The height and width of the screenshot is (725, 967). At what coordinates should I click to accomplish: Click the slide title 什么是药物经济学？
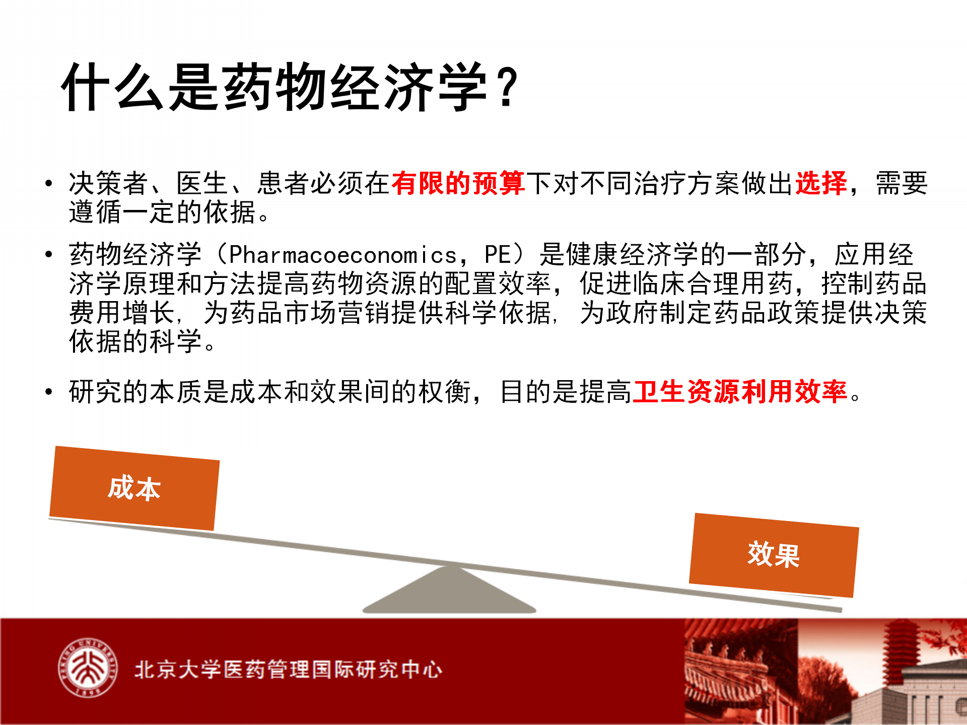[x=290, y=87]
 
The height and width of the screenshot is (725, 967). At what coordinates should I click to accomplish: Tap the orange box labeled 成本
[x=134, y=488]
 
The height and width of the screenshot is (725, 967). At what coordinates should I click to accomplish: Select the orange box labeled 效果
[x=774, y=555]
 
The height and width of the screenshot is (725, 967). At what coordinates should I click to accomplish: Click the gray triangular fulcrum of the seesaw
[x=449, y=589]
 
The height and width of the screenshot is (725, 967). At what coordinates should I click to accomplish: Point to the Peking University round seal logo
[x=88, y=668]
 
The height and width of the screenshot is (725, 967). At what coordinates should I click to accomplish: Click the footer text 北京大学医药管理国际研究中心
[x=288, y=670]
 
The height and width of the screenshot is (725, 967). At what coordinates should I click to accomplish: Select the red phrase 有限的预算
[x=458, y=183]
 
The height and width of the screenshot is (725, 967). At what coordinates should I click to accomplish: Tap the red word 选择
[x=821, y=183]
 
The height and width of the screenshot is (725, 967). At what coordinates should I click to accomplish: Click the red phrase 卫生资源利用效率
[x=740, y=392]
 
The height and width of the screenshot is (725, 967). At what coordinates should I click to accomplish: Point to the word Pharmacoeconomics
[x=343, y=255]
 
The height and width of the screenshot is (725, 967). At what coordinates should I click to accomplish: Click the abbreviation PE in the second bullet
[x=498, y=255]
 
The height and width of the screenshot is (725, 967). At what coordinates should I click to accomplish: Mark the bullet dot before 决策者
[x=48, y=183]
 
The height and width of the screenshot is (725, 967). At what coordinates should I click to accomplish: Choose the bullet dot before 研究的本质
[x=48, y=392]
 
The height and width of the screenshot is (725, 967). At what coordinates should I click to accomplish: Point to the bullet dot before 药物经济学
[x=48, y=254]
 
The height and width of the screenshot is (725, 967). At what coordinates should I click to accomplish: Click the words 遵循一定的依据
[x=163, y=212]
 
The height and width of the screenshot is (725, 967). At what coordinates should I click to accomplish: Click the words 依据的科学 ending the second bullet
[x=135, y=341]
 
